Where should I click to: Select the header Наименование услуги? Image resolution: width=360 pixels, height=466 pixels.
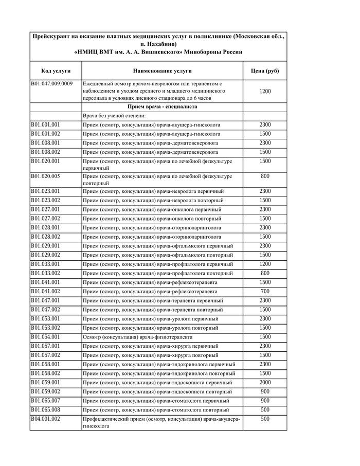[x=162, y=70]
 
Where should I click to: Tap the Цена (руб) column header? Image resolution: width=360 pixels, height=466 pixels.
[x=265, y=70]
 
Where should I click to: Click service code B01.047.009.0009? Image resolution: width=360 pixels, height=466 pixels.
[x=51, y=83]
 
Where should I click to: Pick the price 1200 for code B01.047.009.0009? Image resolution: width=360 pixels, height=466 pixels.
[x=265, y=92]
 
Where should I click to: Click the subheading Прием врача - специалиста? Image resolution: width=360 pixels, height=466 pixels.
[x=162, y=107]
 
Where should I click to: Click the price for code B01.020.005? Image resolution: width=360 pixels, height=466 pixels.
[x=265, y=176]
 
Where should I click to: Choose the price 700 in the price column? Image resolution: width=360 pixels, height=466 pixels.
[x=265, y=292]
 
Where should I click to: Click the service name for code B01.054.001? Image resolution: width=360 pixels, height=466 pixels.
[x=138, y=337]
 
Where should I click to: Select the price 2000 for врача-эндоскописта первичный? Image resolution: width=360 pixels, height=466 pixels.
[x=265, y=383]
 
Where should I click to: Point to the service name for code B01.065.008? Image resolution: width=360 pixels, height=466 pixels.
[x=156, y=410]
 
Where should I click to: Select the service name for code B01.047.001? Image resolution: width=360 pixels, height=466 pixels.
[x=153, y=300]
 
